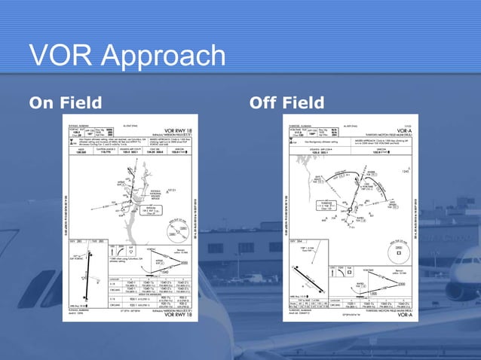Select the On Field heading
tap(65, 102)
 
